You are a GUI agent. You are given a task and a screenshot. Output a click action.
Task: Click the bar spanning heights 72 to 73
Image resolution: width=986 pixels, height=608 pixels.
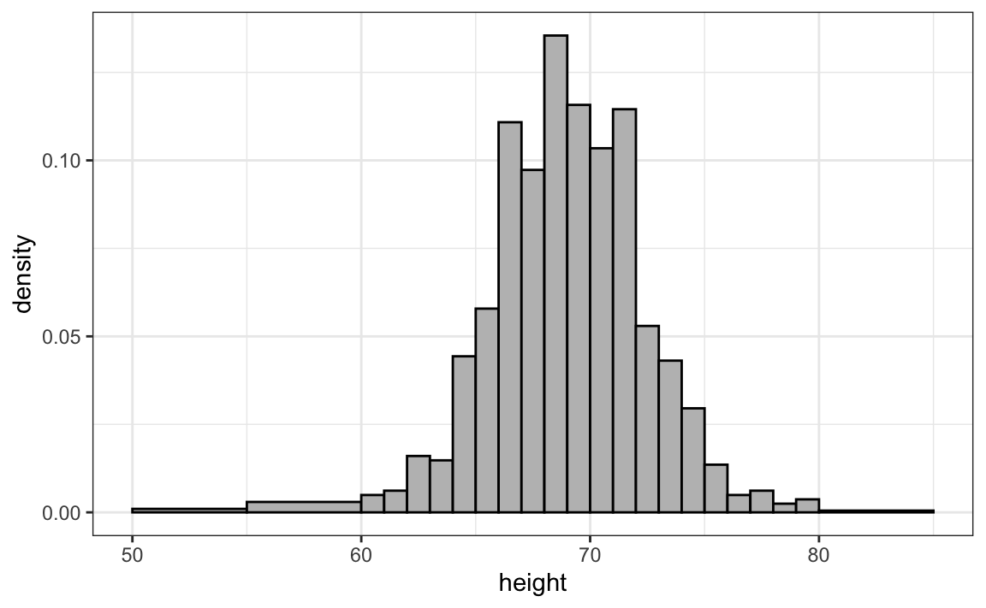click(647, 419)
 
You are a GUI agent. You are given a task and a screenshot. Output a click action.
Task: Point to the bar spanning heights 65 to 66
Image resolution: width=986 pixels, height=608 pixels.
click(487, 410)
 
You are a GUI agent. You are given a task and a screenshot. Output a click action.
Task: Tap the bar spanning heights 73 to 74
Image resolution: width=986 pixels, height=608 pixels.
click(670, 436)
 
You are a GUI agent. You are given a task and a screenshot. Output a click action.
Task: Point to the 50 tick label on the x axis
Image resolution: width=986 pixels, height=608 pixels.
click(132, 554)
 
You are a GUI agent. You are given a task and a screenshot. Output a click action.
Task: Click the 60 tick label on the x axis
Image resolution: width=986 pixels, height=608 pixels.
click(360, 554)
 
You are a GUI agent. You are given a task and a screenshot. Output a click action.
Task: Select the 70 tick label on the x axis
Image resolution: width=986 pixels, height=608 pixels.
click(590, 554)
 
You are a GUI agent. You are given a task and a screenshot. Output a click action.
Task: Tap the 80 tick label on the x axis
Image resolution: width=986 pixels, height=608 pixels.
click(819, 554)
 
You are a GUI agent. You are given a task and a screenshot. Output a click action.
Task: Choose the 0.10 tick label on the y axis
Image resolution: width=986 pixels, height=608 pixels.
click(59, 161)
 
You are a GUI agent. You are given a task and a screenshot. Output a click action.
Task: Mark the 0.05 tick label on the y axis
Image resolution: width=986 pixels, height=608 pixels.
click(59, 336)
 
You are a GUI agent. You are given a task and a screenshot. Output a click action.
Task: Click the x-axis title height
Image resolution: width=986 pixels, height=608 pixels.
click(532, 585)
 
